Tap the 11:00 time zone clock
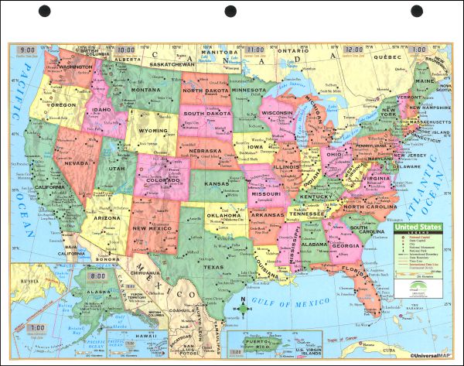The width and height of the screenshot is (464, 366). tap(256, 50)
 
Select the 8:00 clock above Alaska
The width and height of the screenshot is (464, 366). tap(98, 276)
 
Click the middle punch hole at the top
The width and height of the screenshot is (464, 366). tap(231, 12)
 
